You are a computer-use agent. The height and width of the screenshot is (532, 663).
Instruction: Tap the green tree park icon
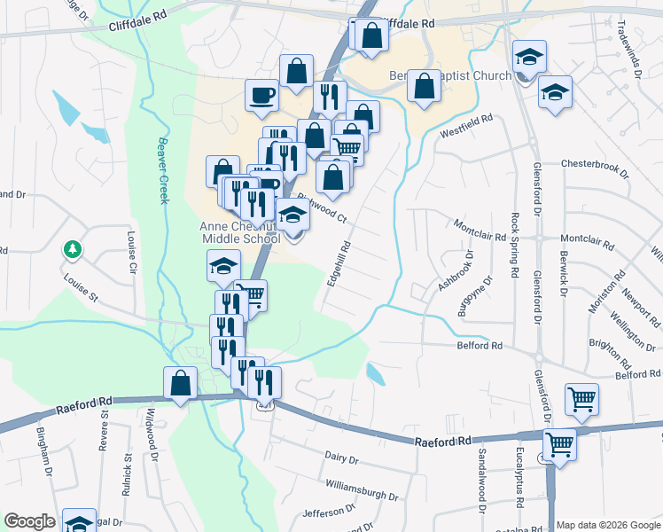[71, 250]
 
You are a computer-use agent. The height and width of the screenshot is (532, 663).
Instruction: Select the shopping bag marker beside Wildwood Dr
[181, 383]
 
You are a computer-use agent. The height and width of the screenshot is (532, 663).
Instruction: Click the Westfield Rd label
[466, 125]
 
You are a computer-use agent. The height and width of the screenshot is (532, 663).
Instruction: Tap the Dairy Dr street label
[340, 459]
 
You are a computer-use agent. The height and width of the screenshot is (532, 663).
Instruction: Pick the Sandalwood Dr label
[483, 480]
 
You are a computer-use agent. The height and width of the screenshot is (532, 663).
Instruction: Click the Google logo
[30, 521]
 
